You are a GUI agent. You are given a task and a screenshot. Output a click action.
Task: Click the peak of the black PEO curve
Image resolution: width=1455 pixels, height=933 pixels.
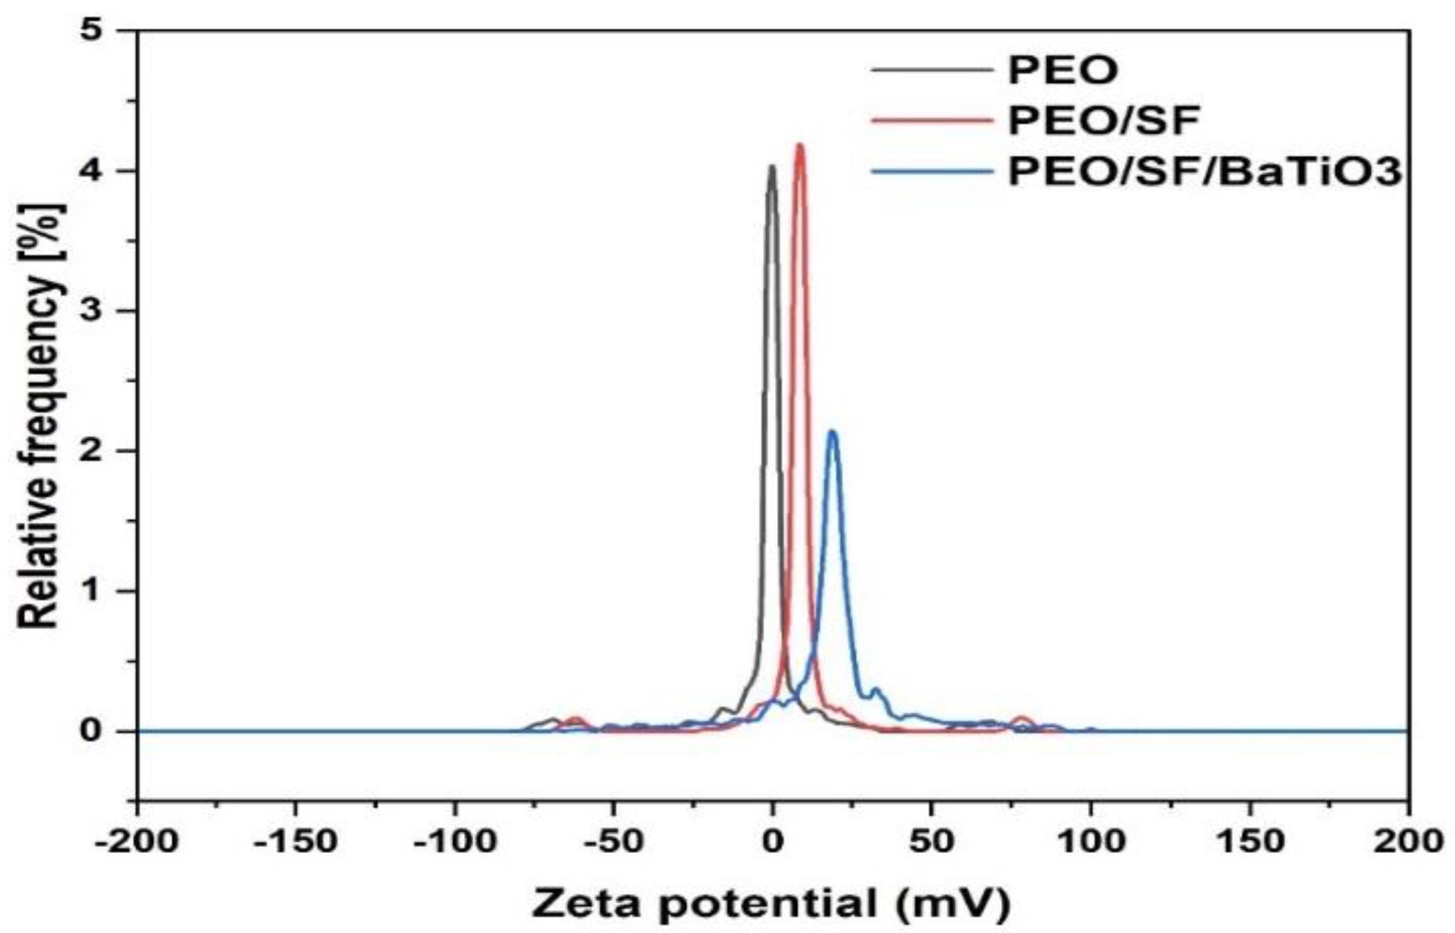click(771, 167)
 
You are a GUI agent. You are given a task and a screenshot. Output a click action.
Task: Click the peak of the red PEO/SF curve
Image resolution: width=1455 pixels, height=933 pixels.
click(799, 145)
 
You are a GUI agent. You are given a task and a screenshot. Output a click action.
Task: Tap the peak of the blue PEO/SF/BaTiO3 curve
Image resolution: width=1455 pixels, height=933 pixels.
click(832, 433)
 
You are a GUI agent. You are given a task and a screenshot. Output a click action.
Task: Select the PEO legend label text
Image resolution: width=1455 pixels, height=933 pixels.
click(1063, 70)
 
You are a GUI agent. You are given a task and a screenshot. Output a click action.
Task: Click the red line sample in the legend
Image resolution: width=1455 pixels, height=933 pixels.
click(931, 121)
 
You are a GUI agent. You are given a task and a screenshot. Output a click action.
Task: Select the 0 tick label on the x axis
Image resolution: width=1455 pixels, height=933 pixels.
click(772, 842)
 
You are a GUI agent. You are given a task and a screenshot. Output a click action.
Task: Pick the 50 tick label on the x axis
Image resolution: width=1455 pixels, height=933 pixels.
click(931, 842)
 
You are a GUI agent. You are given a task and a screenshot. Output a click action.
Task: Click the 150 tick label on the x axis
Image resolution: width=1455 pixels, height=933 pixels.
click(1249, 842)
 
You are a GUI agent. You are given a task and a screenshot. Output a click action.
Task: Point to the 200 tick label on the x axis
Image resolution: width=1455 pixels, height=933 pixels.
click(1408, 842)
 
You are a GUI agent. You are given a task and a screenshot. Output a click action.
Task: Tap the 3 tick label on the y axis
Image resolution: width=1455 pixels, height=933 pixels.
click(93, 311)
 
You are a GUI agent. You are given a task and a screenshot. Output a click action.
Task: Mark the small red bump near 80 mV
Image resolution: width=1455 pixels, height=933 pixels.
click(1021, 720)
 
